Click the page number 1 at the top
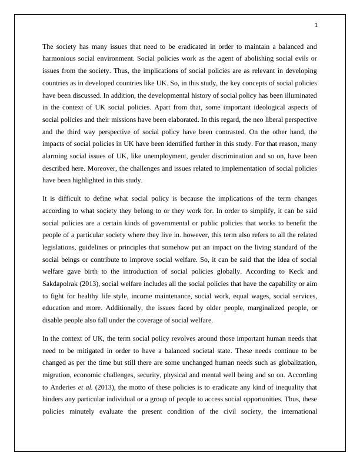tap(316, 25)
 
